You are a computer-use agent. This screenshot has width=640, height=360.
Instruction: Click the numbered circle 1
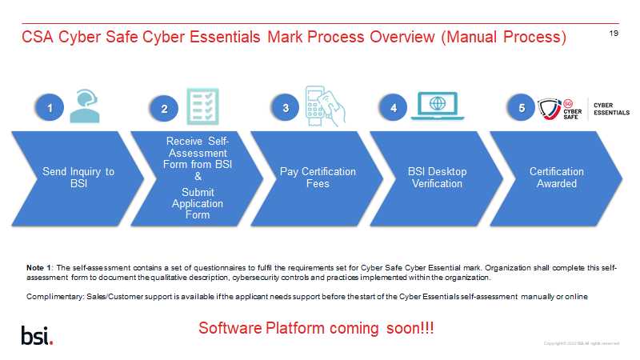(50, 107)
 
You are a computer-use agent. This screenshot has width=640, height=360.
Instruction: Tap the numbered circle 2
(164, 109)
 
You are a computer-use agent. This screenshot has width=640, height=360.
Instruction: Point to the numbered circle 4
(393, 107)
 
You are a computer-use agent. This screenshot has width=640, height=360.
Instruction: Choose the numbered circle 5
(522, 107)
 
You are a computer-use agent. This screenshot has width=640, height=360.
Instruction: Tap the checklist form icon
(202, 106)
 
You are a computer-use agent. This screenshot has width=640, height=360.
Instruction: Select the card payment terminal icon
(324, 104)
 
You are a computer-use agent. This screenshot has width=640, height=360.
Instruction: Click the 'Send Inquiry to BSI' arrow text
(78, 178)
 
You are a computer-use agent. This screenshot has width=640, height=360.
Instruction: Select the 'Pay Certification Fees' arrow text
(318, 178)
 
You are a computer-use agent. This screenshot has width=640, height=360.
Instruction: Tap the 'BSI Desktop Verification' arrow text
(437, 178)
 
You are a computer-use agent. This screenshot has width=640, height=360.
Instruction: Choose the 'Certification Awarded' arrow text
(557, 178)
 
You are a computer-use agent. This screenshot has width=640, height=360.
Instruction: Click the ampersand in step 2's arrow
(198, 176)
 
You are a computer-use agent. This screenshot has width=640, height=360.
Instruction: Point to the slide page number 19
(614, 34)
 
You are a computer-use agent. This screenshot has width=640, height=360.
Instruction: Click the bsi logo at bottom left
(37, 334)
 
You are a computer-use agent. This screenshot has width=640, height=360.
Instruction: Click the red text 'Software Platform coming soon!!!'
(316, 329)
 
